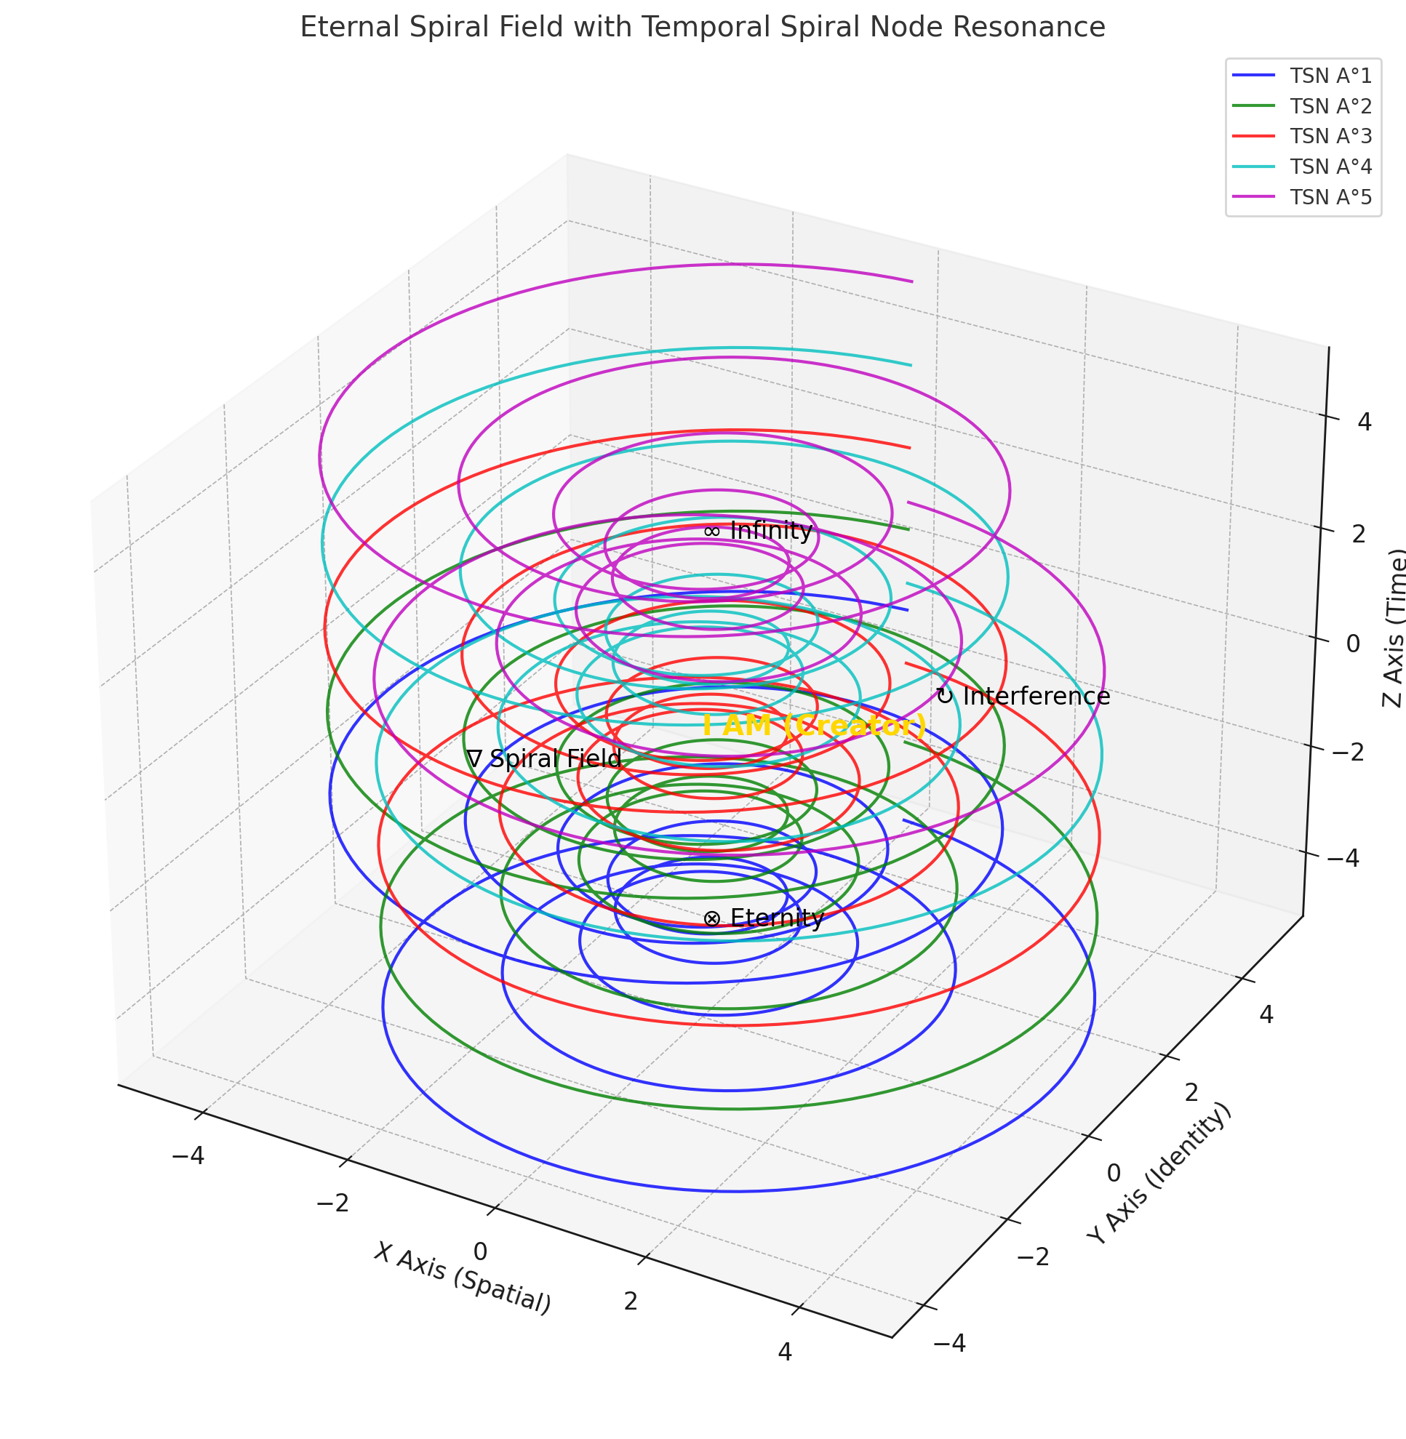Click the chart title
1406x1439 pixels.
pos(702,28)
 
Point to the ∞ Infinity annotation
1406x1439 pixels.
pos(759,531)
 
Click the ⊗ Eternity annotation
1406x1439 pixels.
pos(764,918)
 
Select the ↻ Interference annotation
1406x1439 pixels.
pos(1023,697)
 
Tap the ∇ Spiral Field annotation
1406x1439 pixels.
pos(544,759)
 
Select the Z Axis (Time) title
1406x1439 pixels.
pos(1392,628)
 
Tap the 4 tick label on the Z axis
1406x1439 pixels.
pos(1364,422)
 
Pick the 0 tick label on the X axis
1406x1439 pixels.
pos(480,1251)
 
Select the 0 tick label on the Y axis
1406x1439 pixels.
pos(1113,1173)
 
